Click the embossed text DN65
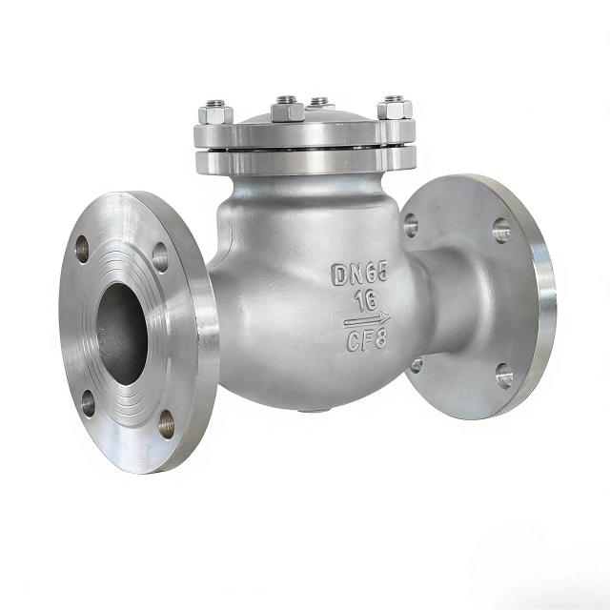[360, 274]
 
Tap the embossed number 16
[366, 301]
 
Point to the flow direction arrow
[366, 320]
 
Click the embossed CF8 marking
[366, 339]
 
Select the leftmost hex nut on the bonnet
[215, 112]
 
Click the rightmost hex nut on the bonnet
[395, 108]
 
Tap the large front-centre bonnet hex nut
[288, 110]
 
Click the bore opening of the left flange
[122, 335]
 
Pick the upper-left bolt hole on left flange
[82, 249]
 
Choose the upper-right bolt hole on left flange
[160, 257]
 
